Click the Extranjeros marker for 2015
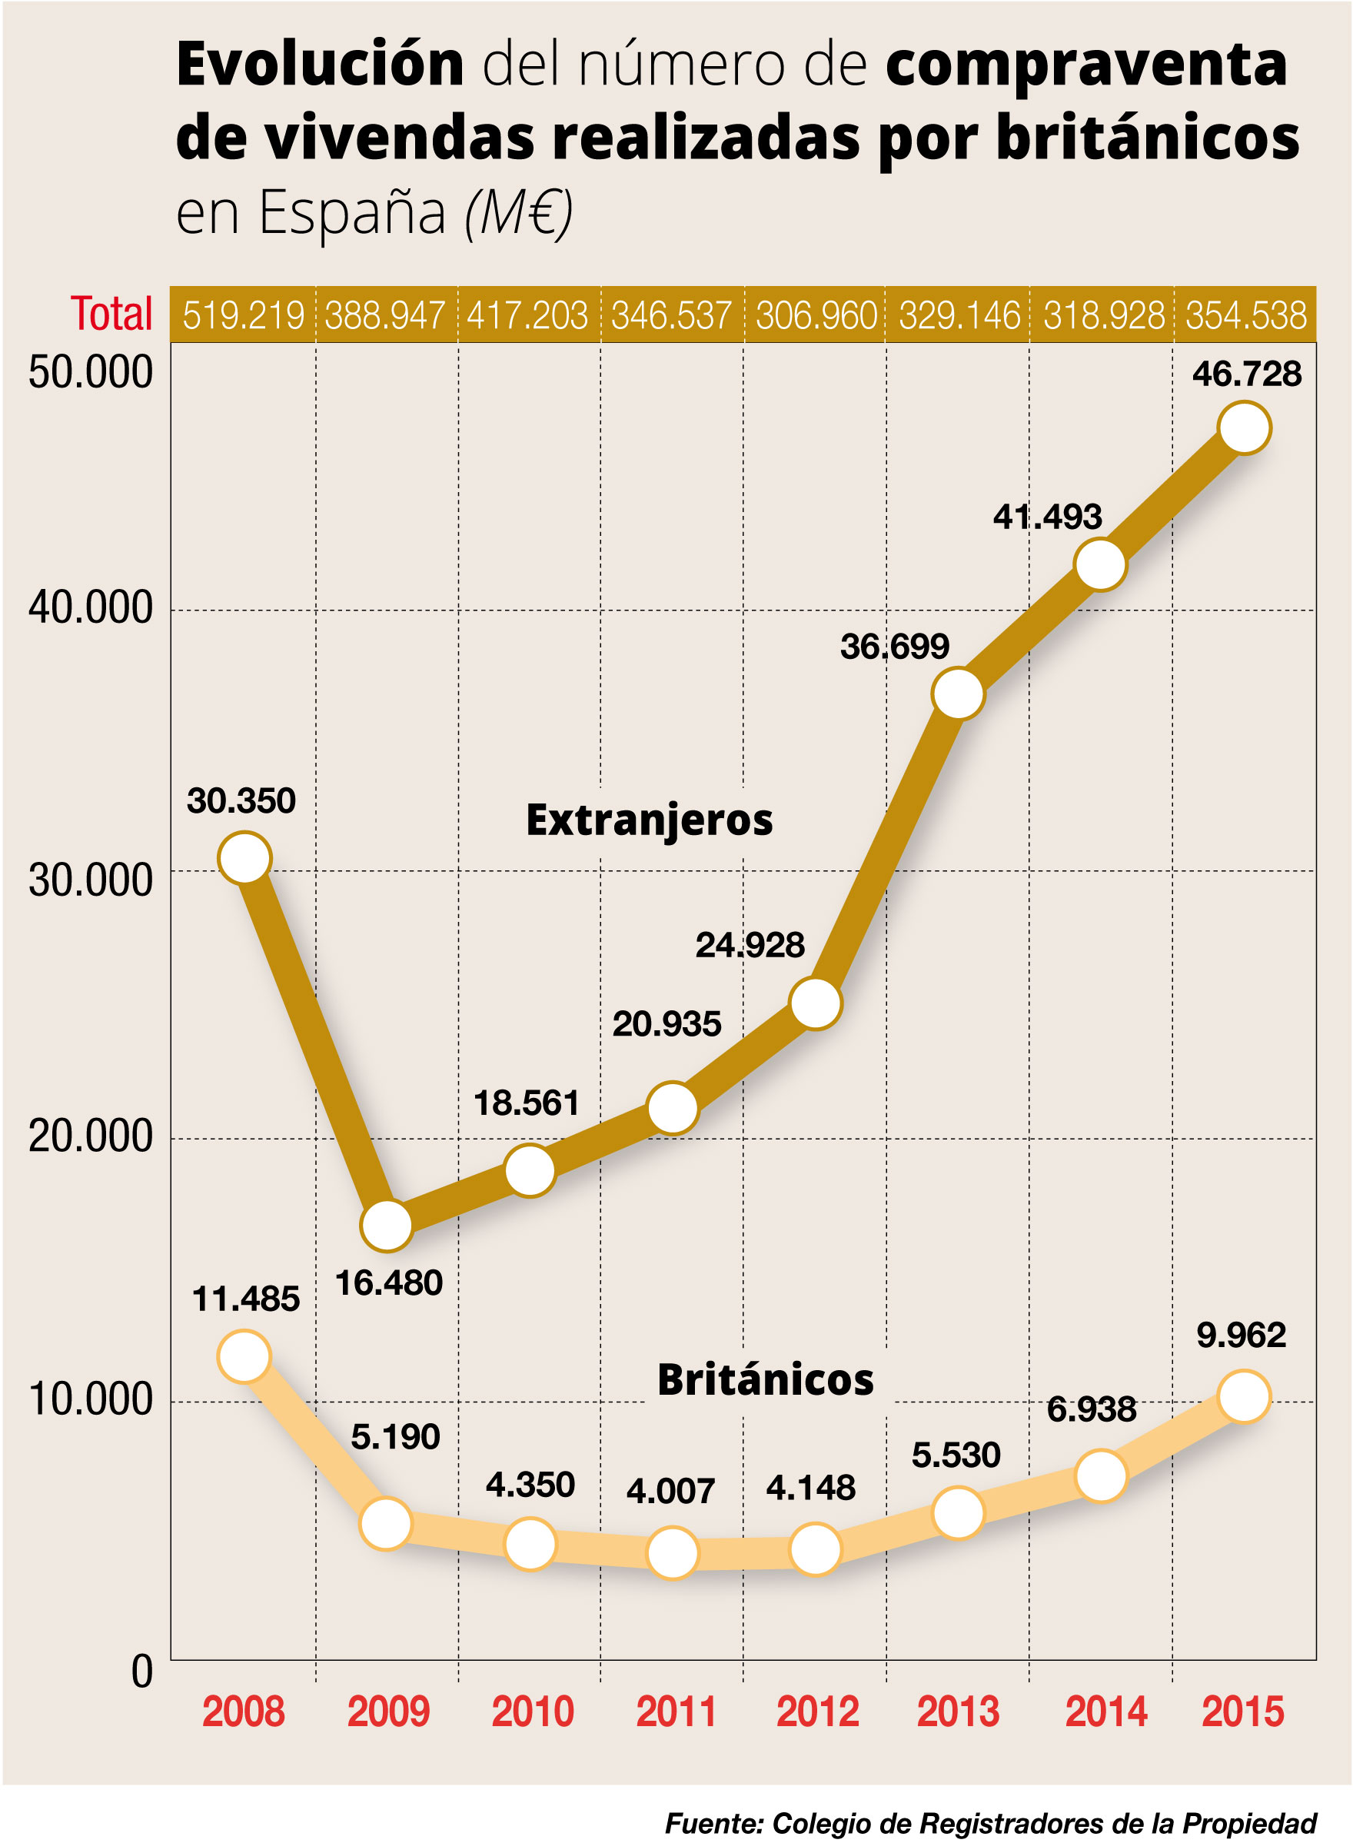(1244, 427)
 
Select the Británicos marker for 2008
(244, 1356)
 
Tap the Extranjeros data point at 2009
(386, 1226)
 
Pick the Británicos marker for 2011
(673, 1552)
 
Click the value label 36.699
(894, 647)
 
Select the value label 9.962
(1241, 1335)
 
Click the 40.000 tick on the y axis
(90, 607)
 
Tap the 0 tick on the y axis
(141, 1672)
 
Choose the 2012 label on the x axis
(817, 1712)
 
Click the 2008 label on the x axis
(243, 1712)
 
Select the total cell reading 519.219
(243, 315)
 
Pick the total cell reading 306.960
(816, 315)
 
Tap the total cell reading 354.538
(1245, 315)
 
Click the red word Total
(111, 314)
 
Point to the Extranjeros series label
(649, 820)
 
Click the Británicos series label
(765, 1379)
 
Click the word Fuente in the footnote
(713, 1823)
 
